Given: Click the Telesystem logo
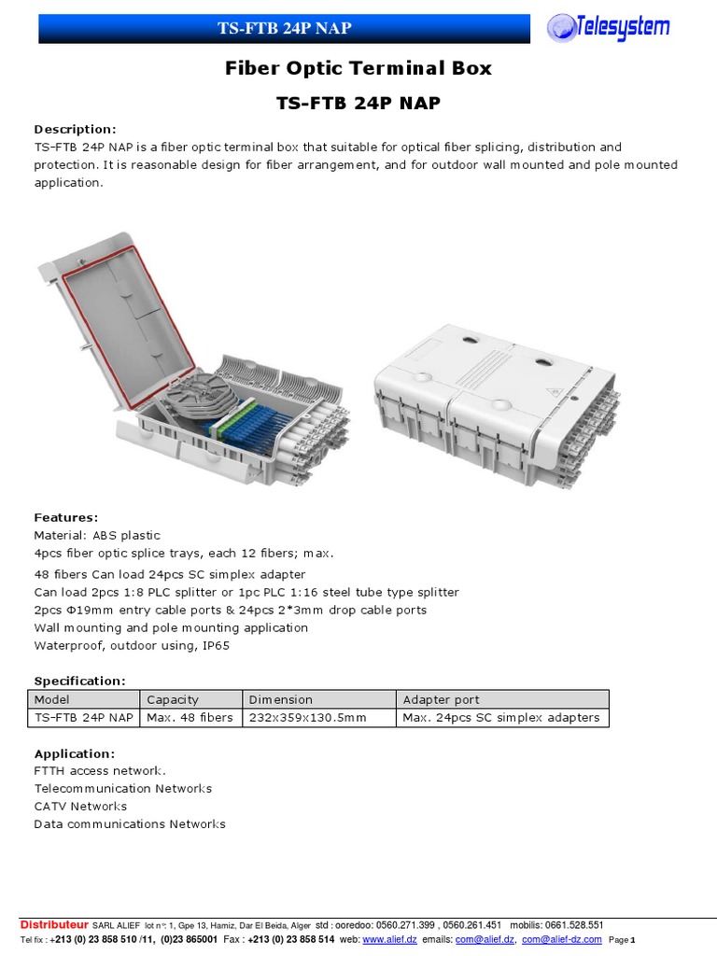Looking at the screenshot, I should click(x=608, y=27).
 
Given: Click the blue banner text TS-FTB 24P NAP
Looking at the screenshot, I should click(x=285, y=28).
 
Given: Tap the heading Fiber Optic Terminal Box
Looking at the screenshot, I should click(x=358, y=68).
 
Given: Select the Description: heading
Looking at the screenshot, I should click(x=76, y=129).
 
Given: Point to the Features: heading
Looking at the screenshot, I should click(x=65, y=517).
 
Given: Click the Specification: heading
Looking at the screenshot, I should click(x=79, y=681).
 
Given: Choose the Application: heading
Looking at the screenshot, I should click(x=75, y=753).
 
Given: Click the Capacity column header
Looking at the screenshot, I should click(x=174, y=699).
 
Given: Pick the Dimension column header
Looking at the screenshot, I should click(x=281, y=699).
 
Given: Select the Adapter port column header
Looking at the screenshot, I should click(x=441, y=699).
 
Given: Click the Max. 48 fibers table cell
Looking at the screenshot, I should click(x=190, y=718).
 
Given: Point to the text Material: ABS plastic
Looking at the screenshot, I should click(x=97, y=536).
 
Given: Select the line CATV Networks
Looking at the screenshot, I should click(x=80, y=807).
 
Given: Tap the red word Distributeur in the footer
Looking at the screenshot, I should click(x=54, y=925).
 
